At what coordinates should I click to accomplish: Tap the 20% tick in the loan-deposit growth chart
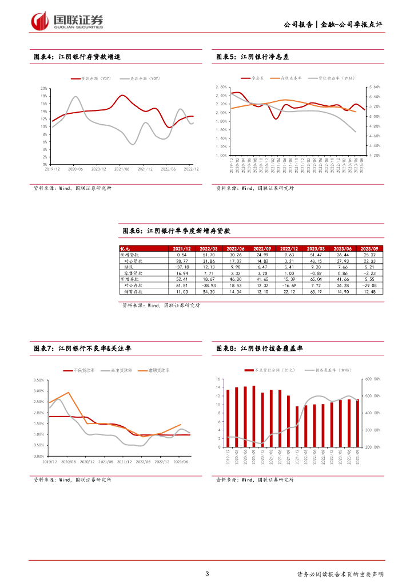[44, 89]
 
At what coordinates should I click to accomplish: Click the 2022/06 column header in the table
[236, 248]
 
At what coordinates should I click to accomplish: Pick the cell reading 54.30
[209, 291]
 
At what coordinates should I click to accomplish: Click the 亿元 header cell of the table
[125, 248]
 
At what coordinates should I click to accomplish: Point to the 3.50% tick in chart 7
[39, 380]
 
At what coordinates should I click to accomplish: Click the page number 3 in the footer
[206, 574]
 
